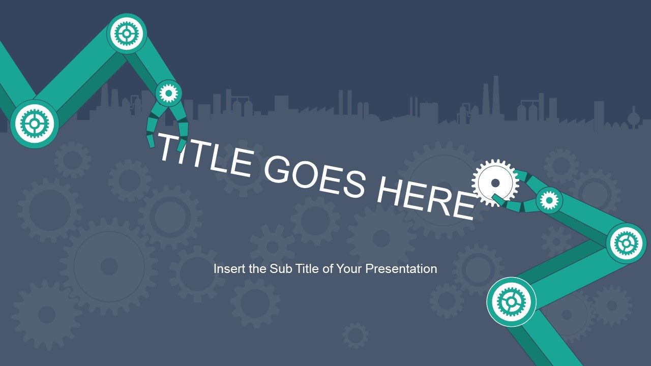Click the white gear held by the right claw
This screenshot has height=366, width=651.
click(495, 182)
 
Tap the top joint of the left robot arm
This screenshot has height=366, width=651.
click(127, 34)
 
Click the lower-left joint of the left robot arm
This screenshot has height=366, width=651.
click(35, 124)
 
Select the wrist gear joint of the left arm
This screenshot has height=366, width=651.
click(168, 93)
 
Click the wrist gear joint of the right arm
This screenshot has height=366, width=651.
click(549, 200)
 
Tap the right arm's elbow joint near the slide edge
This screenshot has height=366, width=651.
click(626, 243)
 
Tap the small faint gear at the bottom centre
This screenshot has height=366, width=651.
click(355, 335)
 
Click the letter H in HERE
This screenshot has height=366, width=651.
click(390, 191)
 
